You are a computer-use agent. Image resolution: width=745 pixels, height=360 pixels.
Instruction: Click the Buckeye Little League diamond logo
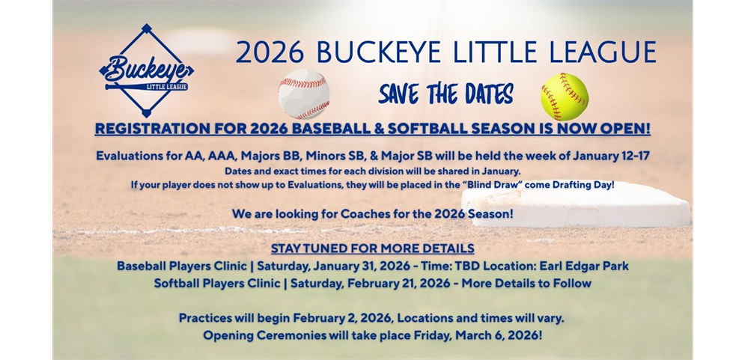click(x=146, y=71)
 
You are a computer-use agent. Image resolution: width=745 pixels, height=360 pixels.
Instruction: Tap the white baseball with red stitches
click(x=303, y=94)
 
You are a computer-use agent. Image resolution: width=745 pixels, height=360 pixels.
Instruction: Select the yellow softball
click(x=565, y=97)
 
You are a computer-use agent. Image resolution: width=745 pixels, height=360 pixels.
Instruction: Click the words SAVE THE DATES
click(x=446, y=95)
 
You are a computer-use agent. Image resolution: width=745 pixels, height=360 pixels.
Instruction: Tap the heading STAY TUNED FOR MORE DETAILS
click(x=372, y=248)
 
